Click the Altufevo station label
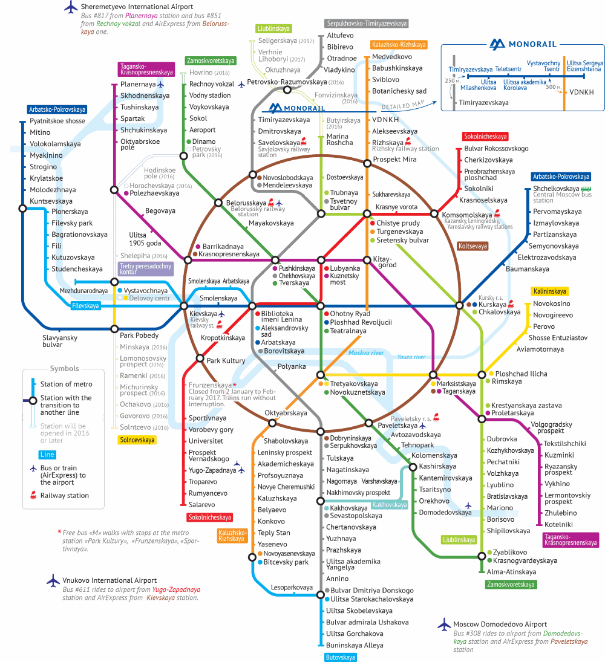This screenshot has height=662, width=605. pos(340,36)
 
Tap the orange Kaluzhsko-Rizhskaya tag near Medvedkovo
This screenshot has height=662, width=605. pos(399,44)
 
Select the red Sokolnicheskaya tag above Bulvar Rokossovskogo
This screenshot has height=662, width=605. pos(485,137)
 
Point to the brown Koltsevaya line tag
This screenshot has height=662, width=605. pos(473,245)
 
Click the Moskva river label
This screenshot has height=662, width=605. pos(366,352)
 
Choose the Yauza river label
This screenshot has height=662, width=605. pos(411,357)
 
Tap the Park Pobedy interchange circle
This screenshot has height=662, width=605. pos(114,329)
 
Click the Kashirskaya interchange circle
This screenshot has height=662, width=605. pos(413,467)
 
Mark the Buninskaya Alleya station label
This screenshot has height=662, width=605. pos(355,645)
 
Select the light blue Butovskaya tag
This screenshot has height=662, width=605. pos(341,657)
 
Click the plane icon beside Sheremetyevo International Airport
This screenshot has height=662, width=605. pos(71,7)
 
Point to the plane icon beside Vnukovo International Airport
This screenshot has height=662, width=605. pos(53,580)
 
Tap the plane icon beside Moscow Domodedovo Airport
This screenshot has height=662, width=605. pos(444,625)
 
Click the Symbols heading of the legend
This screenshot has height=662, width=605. pos(64,368)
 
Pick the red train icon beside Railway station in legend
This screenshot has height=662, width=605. pos(33,495)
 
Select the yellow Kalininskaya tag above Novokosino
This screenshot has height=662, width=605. pos(549,291)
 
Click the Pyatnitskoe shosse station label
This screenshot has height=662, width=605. pos(57,121)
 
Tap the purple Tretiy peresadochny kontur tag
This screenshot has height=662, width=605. pos(146,269)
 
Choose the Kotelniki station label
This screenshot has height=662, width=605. pos(558,524)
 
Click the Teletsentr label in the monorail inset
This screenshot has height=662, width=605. pos(508,69)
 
